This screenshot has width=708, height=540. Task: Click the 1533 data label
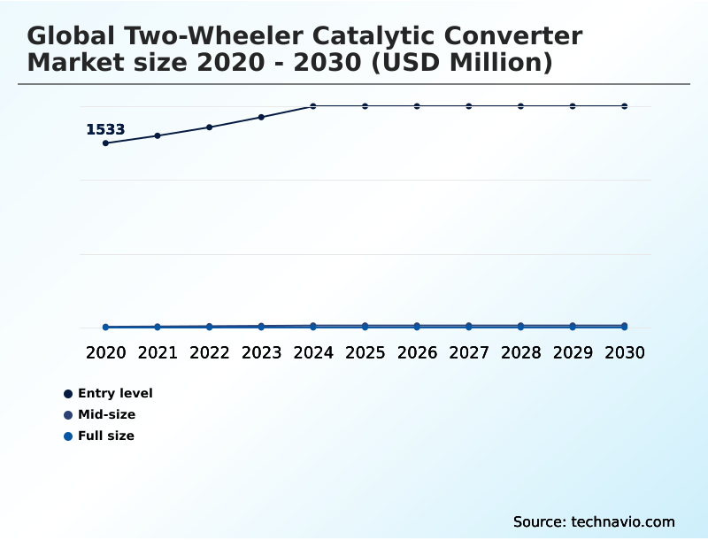105,130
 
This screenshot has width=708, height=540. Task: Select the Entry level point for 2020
106,143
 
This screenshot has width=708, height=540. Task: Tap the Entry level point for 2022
210,127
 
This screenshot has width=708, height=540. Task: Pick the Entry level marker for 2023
261,117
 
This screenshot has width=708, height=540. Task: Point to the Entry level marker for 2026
417,106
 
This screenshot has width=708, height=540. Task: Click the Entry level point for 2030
625,106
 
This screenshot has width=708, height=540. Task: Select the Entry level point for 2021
158,135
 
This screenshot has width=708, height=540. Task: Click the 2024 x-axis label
313,352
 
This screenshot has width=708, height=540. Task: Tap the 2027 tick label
469,352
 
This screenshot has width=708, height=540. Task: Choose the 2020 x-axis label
106,352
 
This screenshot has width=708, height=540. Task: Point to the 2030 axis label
625,352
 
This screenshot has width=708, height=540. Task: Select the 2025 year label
365,352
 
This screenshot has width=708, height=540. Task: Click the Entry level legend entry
114,393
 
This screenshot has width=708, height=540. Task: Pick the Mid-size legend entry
106,414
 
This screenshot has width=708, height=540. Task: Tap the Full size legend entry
105,436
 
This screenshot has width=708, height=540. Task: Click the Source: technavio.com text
594,521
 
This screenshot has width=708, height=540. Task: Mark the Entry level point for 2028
520,106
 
